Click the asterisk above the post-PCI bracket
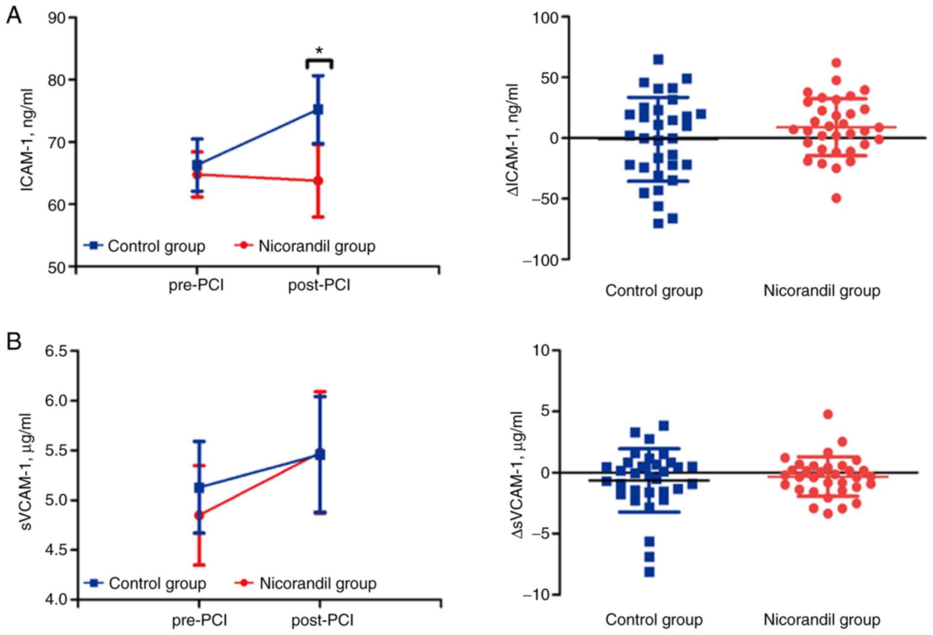click(x=319, y=51)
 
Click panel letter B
click(x=14, y=341)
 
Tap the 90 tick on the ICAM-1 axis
click(x=59, y=18)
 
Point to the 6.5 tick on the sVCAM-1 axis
click(x=56, y=351)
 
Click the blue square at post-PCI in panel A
click(x=318, y=109)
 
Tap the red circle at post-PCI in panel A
click(x=318, y=181)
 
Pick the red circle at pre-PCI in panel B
click(x=199, y=515)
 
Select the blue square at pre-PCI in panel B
click(x=199, y=487)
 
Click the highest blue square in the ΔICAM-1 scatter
click(x=658, y=60)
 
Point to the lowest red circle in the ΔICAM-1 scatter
click(x=836, y=198)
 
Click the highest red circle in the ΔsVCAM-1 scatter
click(x=828, y=414)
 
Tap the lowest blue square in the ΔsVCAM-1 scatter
click(x=650, y=572)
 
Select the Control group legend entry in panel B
click(x=146, y=583)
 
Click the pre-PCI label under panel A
click(x=196, y=285)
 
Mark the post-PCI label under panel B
click(x=322, y=620)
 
